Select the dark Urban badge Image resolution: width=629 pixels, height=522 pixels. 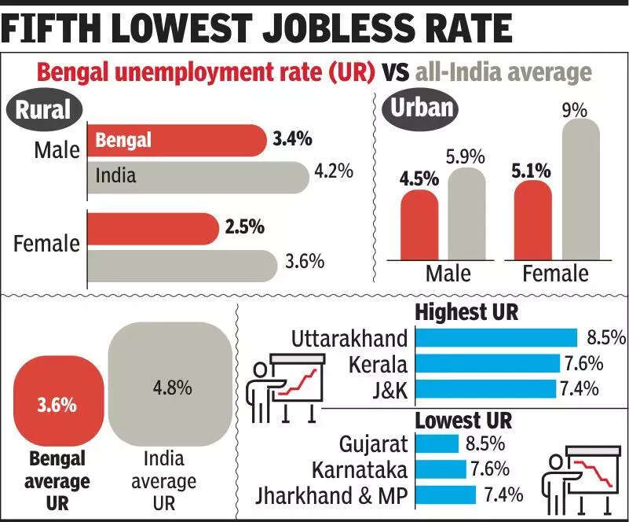coord(419,108)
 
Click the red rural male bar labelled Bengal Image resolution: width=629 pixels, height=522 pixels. coord(177,140)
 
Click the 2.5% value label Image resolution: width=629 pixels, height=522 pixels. coord(244,228)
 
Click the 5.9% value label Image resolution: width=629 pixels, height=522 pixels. coord(466,156)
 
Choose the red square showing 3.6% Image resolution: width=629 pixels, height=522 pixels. coord(57,405)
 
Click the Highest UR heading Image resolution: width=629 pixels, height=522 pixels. coord(466,312)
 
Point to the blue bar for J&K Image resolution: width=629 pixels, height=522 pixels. coord(483,388)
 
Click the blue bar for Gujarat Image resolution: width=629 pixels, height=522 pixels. coord(437,444)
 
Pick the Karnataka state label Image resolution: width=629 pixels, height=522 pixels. coord(360,469)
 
